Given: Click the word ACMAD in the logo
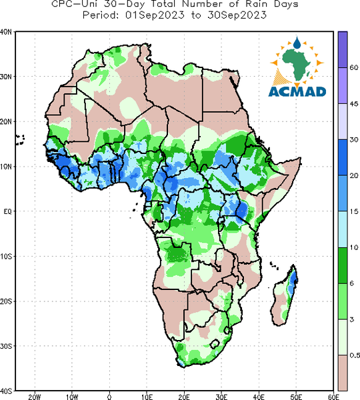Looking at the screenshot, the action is [297, 92].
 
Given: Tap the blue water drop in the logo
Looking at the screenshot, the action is [297, 43].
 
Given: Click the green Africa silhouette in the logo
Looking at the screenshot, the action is [296, 65].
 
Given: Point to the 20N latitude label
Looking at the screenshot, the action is [5, 121].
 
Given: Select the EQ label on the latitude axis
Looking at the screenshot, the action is [7, 211].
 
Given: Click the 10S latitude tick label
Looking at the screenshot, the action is [5, 256].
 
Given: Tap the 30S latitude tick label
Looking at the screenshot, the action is [5, 346].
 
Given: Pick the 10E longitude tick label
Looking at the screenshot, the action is [147, 397].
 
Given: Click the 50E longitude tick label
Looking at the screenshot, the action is [296, 397].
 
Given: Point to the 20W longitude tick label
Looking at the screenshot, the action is [35, 397].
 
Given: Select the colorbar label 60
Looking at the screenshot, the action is [353, 67].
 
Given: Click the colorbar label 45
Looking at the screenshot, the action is [353, 104].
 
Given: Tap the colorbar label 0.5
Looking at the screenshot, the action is [355, 355].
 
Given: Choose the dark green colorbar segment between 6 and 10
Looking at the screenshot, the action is [343, 265].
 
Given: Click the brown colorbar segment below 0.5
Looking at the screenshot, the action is [343, 373].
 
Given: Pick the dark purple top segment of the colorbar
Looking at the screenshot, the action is [343, 49].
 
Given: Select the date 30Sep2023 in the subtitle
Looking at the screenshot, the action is [237, 15].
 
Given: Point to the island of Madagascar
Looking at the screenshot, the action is [284, 295].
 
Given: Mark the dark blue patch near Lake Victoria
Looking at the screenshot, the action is [242, 210].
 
